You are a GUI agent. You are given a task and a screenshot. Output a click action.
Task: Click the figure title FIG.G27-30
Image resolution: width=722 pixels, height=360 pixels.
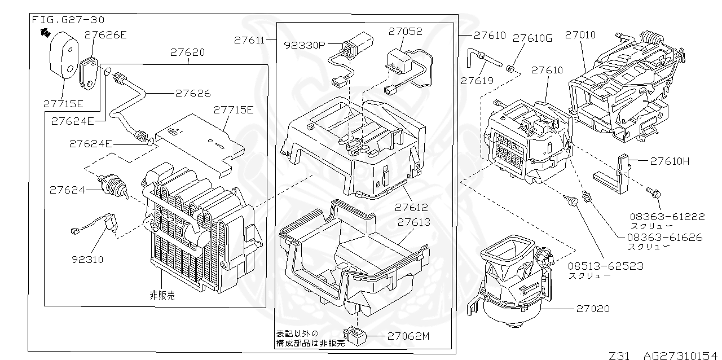pos(68,20)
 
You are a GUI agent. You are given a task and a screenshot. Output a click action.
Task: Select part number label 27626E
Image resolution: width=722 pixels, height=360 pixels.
pos(105,34)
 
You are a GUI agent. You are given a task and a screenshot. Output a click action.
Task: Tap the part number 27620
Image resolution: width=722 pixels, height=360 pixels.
pos(187,52)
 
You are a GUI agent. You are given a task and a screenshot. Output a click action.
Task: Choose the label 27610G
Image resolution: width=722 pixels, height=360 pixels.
pos(532,38)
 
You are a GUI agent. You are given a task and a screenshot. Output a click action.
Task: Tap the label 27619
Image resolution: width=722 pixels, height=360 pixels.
pos(477,80)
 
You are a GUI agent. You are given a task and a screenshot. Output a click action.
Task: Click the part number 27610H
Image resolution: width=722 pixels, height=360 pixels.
pos(670,161)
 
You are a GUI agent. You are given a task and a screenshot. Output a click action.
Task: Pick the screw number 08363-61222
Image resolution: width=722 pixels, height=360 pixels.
pos(659,216)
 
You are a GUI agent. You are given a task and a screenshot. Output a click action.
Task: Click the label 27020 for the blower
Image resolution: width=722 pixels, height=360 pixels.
pos(593,309)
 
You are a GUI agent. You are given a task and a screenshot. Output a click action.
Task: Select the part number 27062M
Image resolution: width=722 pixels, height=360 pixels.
pos(408,336)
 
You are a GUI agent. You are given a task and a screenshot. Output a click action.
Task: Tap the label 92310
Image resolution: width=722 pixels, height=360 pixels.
pos(87,260)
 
